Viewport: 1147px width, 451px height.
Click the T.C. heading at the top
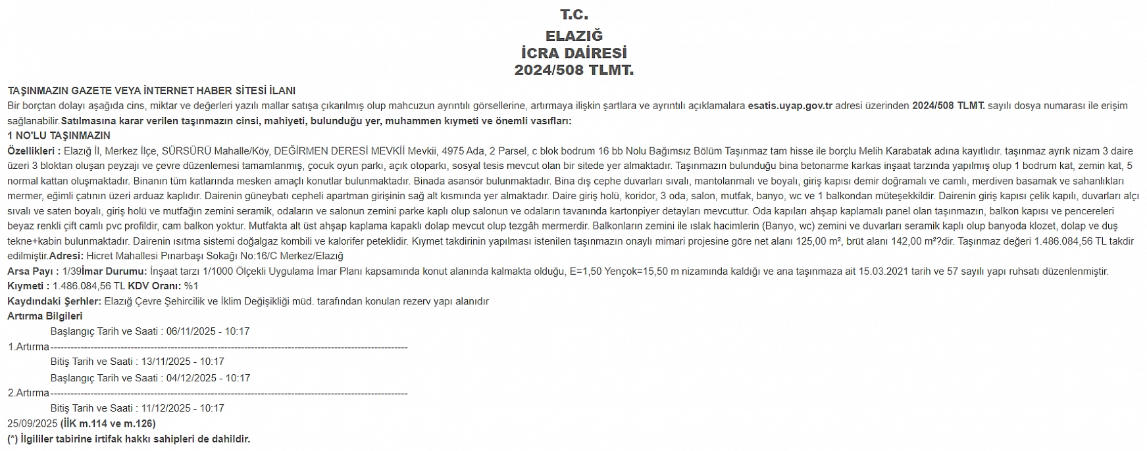574,14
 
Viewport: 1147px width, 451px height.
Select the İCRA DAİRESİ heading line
574,53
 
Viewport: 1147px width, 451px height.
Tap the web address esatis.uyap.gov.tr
790,106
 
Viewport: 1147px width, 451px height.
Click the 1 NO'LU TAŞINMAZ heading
59,136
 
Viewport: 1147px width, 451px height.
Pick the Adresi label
66,256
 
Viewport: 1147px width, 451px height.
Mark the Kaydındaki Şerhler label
55,301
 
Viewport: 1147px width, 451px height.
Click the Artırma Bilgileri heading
45,316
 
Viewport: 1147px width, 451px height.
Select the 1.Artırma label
28,346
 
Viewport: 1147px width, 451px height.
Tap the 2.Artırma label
28,393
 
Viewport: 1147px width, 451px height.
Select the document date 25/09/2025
32,423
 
